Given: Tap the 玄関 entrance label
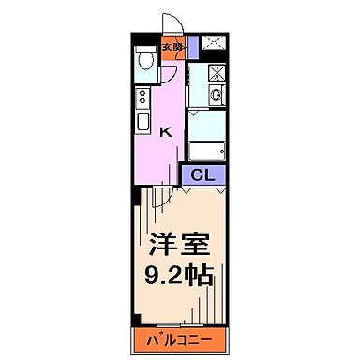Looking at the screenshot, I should tap(172, 46).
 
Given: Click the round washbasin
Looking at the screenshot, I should tap(215, 94).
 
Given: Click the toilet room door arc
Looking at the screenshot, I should tap(168, 77).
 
